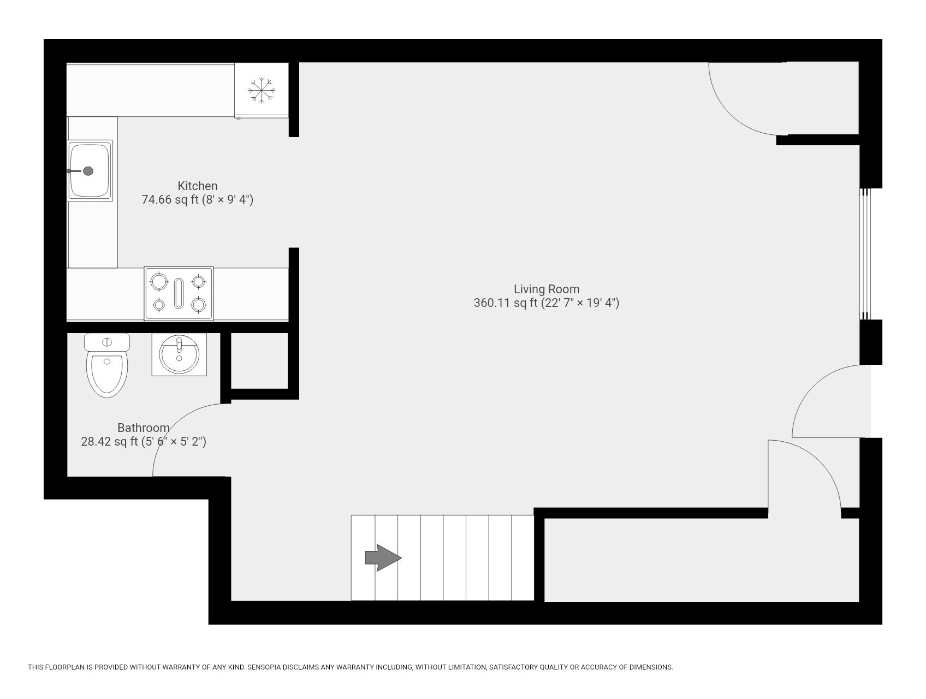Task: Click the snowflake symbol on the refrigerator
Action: tap(262, 90)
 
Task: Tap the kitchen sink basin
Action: tap(90, 170)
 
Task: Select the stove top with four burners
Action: tap(179, 293)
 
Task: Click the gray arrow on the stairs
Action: tap(383, 558)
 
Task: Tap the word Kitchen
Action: tap(197, 186)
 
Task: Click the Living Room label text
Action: tap(546, 289)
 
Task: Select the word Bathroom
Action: tap(143, 428)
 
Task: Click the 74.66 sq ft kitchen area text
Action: tap(197, 199)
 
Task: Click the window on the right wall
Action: tap(865, 254)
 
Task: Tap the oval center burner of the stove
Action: tap(179, 293)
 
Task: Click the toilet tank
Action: tap(107, 342)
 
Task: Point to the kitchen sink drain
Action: tap(88, 171)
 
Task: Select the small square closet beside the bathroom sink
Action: tap(259, 360)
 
